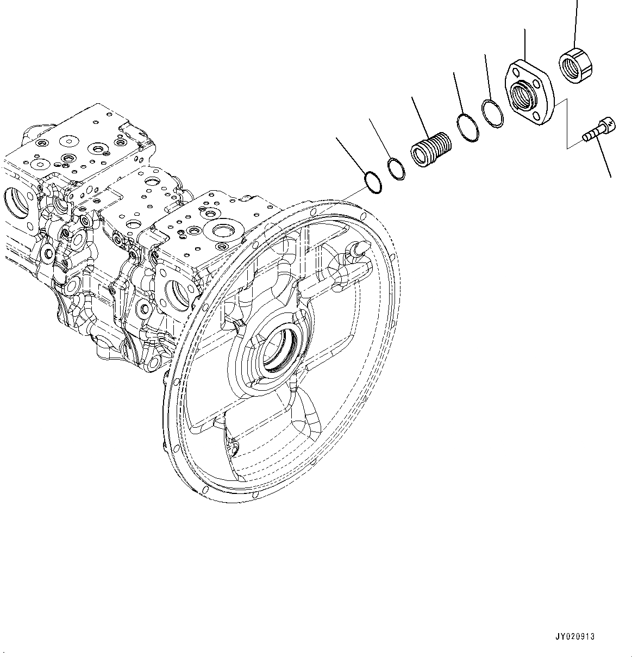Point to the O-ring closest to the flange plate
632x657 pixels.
(x=492, y=115)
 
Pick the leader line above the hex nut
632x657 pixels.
(x=575, y=22)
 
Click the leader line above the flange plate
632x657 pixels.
(x=524, y=43)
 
